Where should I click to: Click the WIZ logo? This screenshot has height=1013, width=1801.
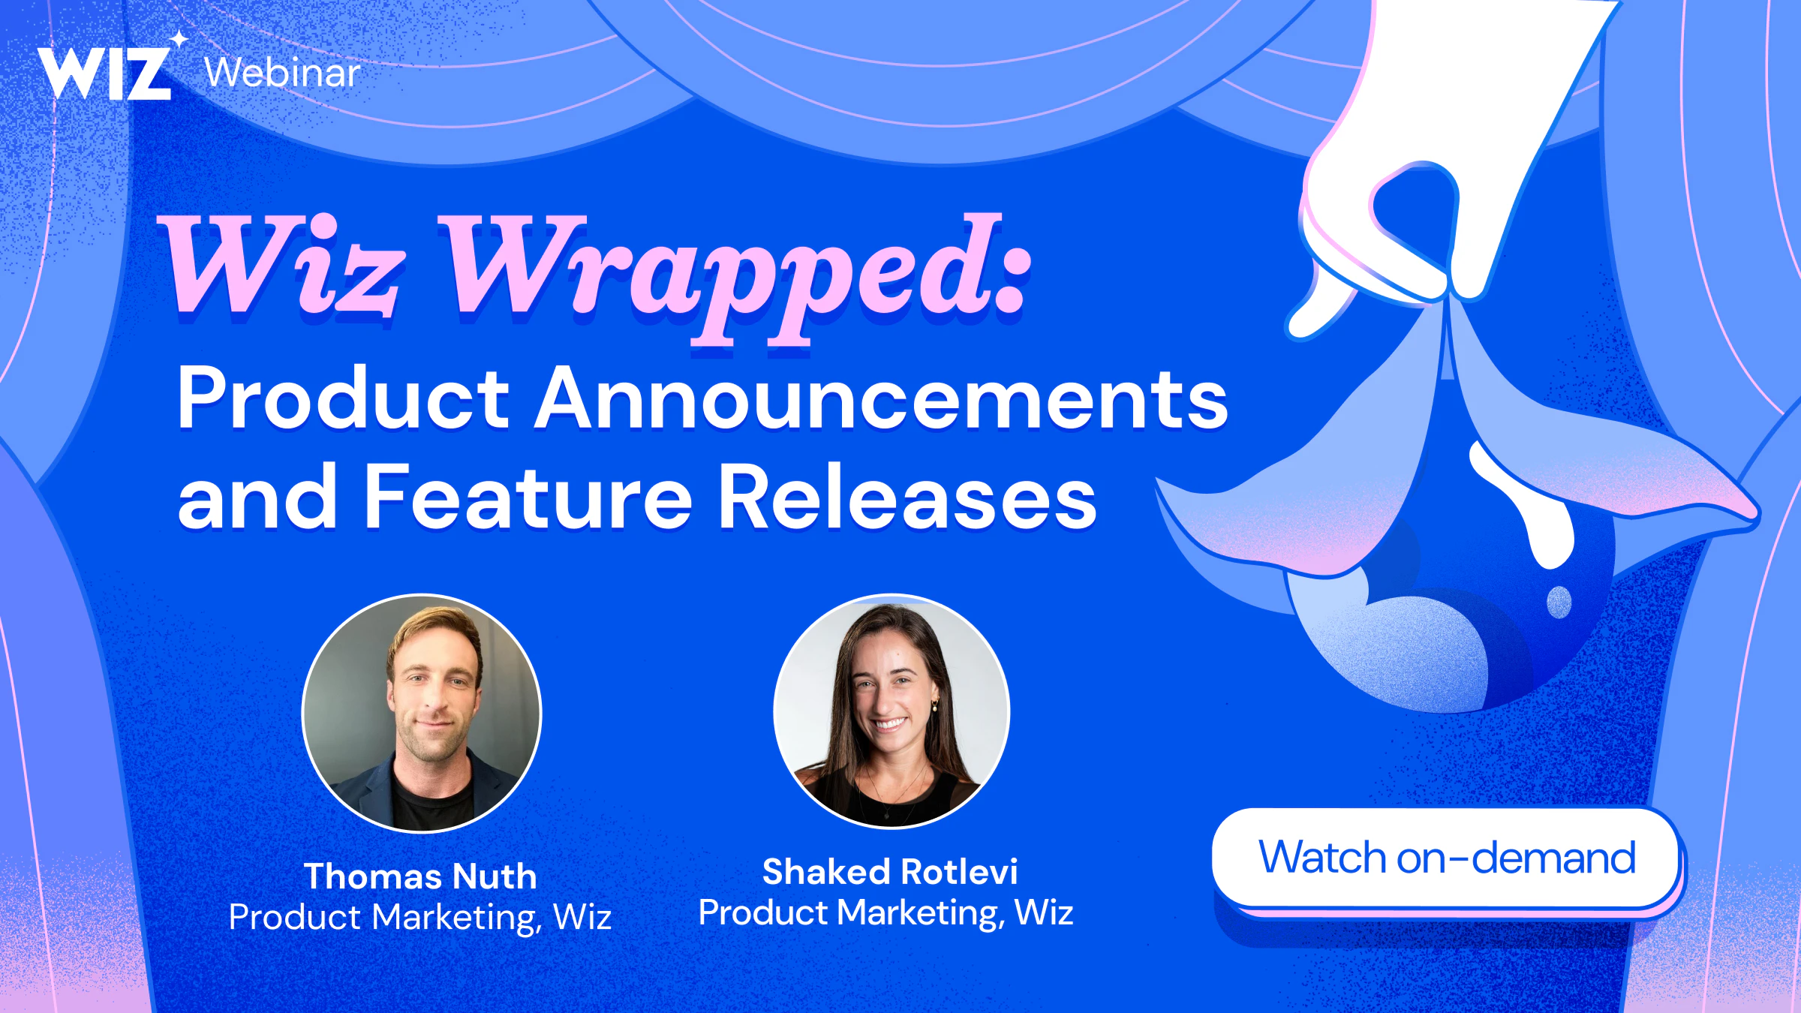(x=105, y=73)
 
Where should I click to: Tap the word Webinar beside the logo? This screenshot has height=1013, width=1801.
(x=282, y=73)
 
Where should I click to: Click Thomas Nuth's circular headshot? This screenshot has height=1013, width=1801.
(x=421, y=713)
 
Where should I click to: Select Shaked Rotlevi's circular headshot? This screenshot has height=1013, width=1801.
(x=891, y=711)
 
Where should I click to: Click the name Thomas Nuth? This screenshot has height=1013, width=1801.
(x=420, y=876)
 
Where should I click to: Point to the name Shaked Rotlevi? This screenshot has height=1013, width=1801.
(x=890, y=871)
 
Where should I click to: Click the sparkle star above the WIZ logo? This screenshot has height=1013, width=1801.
(x=179, y=38)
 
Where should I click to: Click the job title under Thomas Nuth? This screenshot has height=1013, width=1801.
(x=420, y=917)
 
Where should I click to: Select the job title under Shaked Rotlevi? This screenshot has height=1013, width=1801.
(x=886, y=912)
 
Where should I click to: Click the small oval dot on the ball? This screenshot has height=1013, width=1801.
(x=1559, y=602)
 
